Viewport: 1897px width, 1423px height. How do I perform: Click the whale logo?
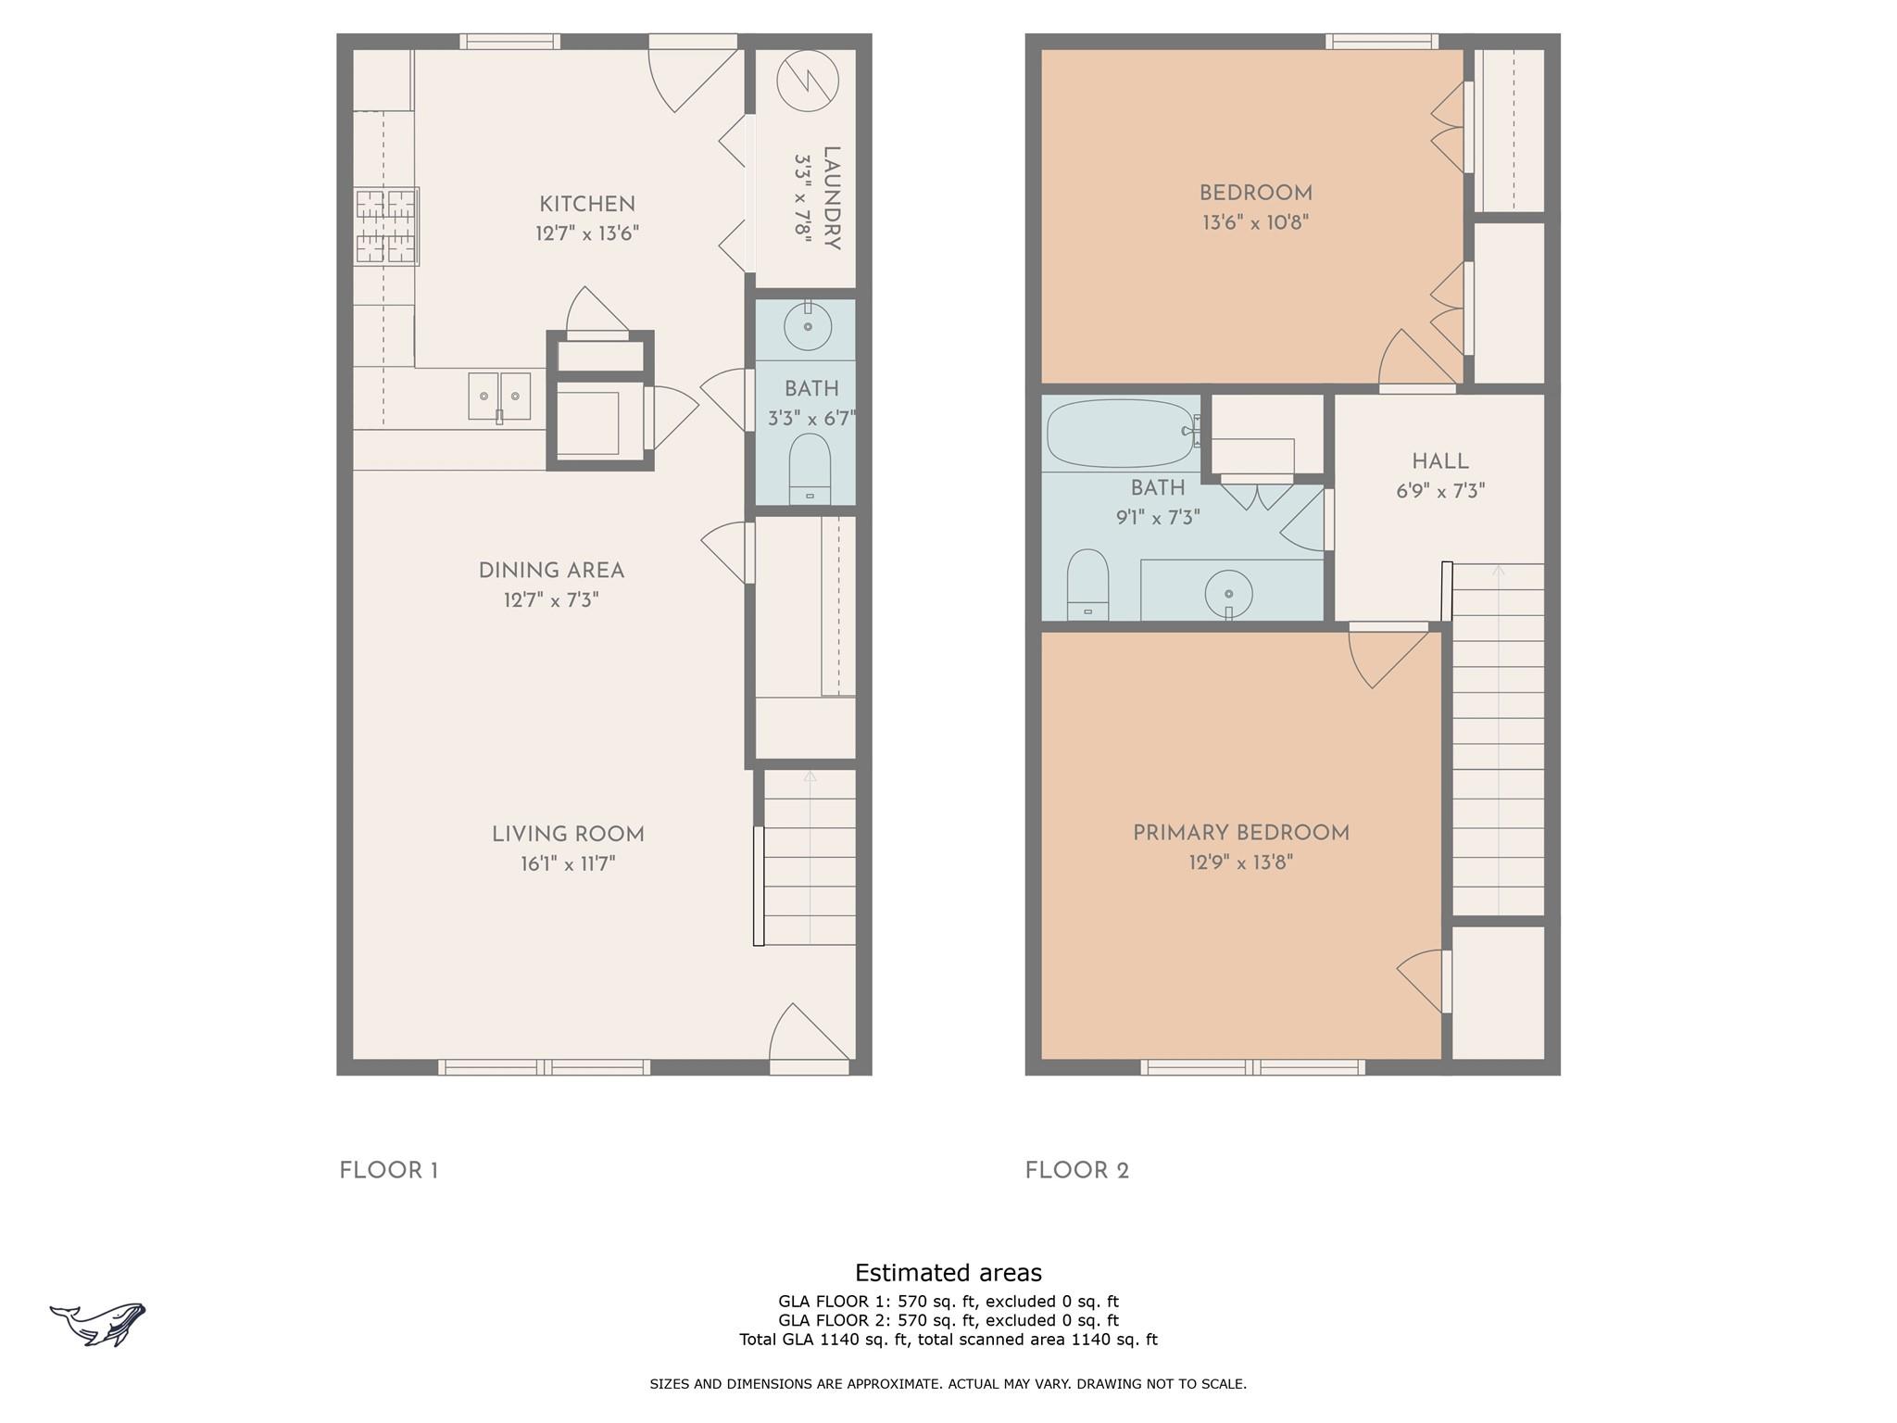coord(98,1324)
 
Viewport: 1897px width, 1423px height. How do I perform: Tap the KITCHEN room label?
coord(587,204)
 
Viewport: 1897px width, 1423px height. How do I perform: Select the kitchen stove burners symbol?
coord(385,226)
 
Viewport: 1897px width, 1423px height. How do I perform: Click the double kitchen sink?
coord(499,397)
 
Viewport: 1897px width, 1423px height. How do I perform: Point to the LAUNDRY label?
coord(831,198)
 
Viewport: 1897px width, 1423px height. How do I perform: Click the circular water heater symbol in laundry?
coord(807,81)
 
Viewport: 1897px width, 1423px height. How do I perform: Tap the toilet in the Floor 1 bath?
coord(810,469)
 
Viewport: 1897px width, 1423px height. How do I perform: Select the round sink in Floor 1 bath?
coord(808,326)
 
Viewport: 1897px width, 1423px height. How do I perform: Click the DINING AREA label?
coord(551,571)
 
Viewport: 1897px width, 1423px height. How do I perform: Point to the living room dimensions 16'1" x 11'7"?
coord(568,864)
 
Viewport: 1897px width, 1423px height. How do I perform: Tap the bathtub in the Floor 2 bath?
coord(1121,433)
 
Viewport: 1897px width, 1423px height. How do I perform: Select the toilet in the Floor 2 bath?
coord(1087,585)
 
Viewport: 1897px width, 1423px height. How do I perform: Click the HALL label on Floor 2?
coord(1440,461)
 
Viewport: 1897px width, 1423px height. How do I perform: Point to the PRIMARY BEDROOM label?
coord(1241,833)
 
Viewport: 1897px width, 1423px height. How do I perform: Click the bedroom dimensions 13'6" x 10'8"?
coord(1255,223)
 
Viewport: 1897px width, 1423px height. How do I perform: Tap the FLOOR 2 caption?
coord(1077,1171)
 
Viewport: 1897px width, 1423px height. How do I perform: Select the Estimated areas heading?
coord(948,1273)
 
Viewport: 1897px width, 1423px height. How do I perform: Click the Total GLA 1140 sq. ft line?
coord(948,1340)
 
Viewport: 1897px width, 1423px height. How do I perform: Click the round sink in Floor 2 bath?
coord(1228,593)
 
